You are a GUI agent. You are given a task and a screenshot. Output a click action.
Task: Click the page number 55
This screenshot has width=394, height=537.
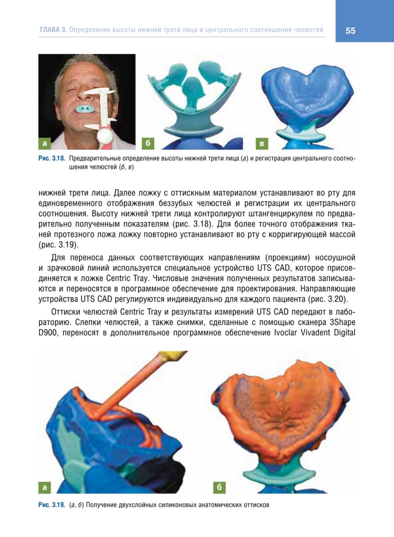351,30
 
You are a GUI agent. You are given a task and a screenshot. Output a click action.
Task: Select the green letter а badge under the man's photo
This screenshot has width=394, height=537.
44,143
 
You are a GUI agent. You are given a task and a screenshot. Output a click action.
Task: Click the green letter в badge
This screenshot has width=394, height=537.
262,143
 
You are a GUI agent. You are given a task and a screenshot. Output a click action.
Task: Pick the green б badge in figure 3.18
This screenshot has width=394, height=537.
147,143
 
